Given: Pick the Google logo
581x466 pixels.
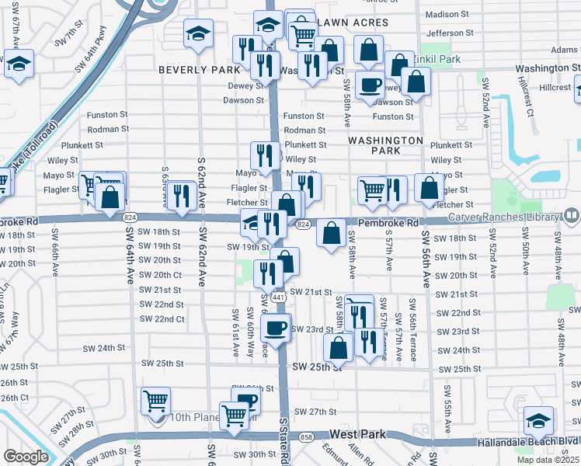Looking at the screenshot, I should click(x=26, y=457).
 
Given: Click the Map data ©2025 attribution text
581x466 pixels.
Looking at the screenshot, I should click(x=548, y=460).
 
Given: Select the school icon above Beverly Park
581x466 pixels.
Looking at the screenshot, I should click(x=198, y=33).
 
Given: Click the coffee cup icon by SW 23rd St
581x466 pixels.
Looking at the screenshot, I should click(x=276, y=329).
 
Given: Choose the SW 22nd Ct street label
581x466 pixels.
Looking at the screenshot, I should click(x=162, y=319).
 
